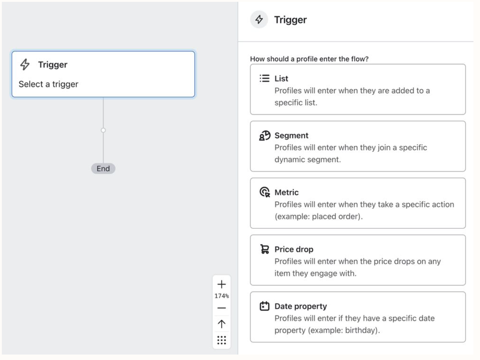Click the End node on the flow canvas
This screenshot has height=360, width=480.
pos(103,169)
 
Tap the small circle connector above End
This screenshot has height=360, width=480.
pos(103,130)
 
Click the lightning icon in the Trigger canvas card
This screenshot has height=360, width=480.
pos(25,64)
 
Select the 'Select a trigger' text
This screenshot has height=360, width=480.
pos(48,84)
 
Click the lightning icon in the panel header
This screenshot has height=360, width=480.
pos(259,19)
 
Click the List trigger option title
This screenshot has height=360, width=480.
pos(281,79)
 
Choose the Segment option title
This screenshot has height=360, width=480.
pos(291,136)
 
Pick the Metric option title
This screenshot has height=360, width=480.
pos(287,192)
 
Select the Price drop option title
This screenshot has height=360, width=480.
pos(294,249)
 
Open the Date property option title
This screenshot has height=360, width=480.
pos(301,306)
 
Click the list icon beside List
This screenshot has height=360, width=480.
pos(264,78)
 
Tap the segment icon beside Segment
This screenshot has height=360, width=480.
pos(265,136)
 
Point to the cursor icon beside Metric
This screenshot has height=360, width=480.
pos(265,192)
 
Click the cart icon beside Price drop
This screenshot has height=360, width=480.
pos(265,249)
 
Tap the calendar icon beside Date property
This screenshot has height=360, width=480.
pos(265,306)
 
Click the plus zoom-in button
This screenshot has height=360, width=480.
pos(221,284)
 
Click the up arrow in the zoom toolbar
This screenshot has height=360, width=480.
pos(221,324)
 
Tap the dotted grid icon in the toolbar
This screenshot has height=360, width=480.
pos(221,340)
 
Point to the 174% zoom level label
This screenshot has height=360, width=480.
pos(221,296)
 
